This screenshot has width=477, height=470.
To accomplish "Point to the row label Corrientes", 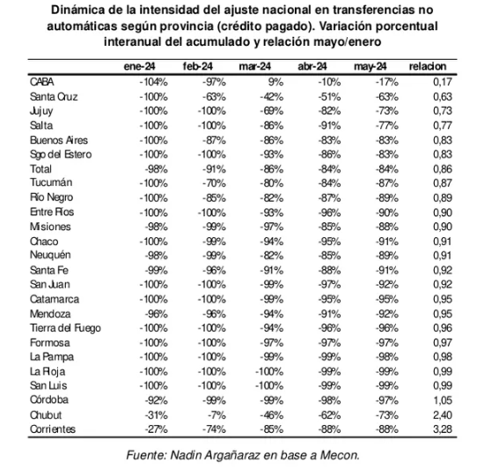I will tap(52, 428).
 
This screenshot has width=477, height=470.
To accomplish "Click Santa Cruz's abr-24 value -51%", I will tap(327, 96).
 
